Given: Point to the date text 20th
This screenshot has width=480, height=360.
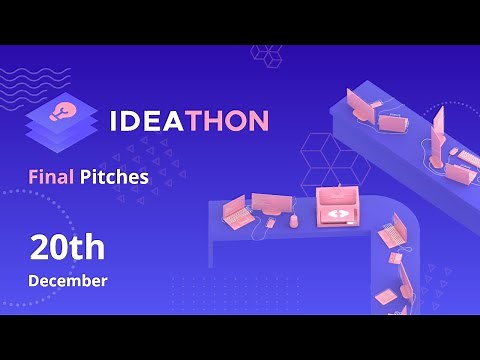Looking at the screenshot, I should click(66, 246).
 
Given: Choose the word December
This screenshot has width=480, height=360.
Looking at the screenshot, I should click(67, 280).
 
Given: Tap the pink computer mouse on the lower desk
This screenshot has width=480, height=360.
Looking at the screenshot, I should click(294, 219).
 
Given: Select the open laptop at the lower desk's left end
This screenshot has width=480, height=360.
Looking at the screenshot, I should click(235, 212).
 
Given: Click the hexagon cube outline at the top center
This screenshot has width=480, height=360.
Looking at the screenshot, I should click(266, 54).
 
